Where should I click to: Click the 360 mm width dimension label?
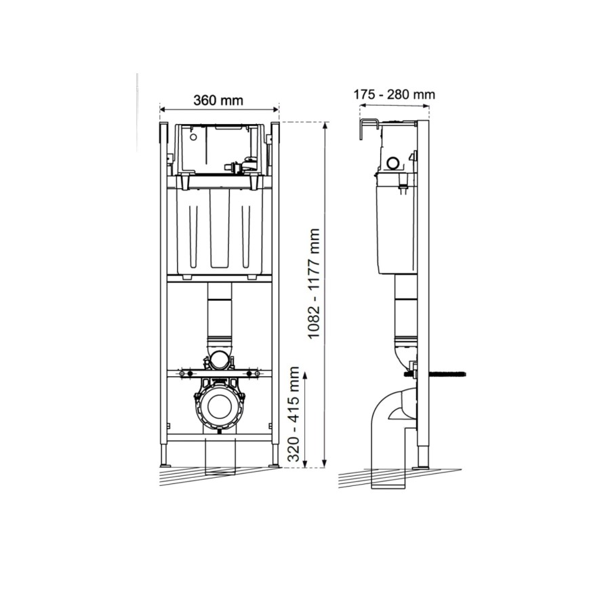pyautogui.click(x=218, y=100)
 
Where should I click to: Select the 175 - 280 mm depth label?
pyautogui.click(x=394, y=95)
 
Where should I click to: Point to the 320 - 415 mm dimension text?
pyautogui.click(x=293, y=414)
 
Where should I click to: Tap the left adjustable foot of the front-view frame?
pyautogui.click(x=165, y=457)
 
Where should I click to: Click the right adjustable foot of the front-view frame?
pyautogui.click(x=273, y=457)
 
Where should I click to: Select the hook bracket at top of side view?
pyautogui.click(x=367, y=127)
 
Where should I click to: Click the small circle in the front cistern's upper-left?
pyautogui.click(x=192, y=137)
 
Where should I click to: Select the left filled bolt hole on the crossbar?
pyautogui.click(x=190, y=373)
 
